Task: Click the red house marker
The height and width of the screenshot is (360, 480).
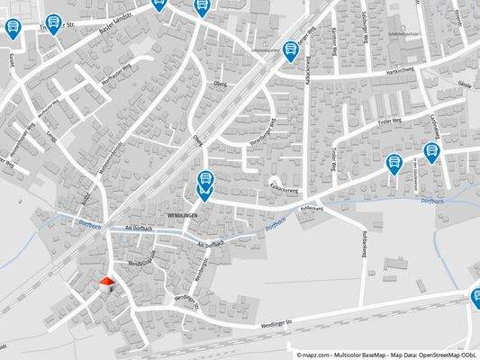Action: pyautogui.click(x=107, y=284)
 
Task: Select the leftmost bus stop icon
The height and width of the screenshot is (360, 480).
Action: pyautogui.click(x=12, y=29)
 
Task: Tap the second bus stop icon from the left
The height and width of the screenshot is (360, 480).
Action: pyautogui.click(x=55, y=22)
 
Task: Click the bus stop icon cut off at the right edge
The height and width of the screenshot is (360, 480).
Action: pyautogui.click(x=475, y=297)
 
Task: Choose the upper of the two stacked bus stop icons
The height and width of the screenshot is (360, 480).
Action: pyautogui.click(x=205, y=179)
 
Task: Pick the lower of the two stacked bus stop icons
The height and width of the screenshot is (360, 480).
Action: pyautogui.click(x=205, y=192)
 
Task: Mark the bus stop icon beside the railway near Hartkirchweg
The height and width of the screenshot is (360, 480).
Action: pyautogui.click(x=290, y=50)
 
